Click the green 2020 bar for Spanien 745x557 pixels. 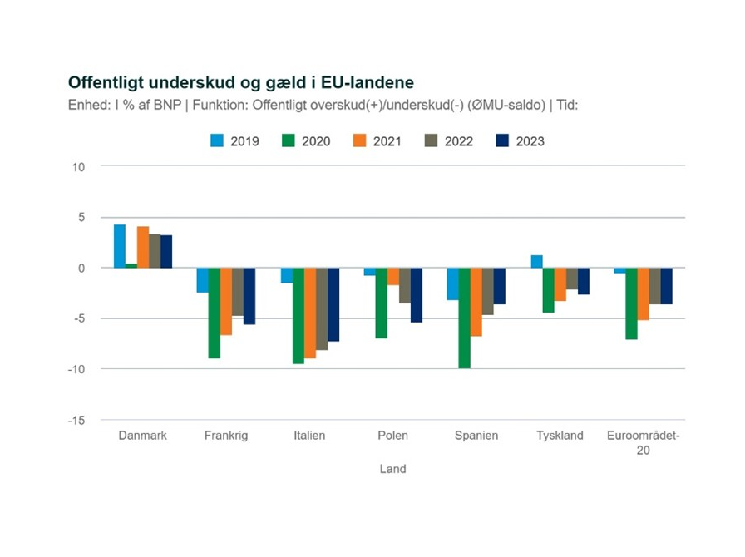(x=464, y=318)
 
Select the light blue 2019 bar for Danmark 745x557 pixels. (x=120, y=246)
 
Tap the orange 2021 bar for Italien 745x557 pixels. (x=309, y=313)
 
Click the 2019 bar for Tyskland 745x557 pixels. (x=536, y=261)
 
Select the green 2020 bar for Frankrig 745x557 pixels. (x=215, y=313)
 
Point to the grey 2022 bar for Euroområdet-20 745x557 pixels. (x=655, y=286)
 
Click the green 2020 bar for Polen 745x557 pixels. (x=382, y=303)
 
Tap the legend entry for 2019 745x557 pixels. (x=234, y=141)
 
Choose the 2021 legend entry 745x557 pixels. (x=377, y=141)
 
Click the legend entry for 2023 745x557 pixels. (x=521, y=141)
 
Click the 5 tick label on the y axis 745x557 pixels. (x=82, y=218)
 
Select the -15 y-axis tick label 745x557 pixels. (x=77, y=420)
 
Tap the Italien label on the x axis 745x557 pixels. (x=309, y=436)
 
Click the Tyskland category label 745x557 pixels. (x=560, y=436)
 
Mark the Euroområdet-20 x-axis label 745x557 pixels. (x=644, y=442)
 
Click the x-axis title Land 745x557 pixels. (x=392, y=469)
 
